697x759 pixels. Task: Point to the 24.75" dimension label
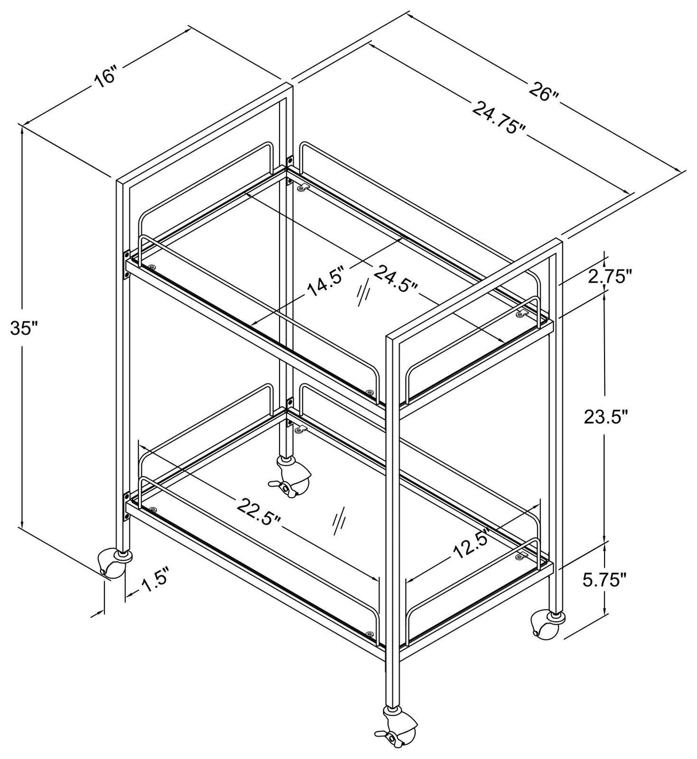pos(499,117)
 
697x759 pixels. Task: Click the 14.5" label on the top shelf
pos(326,281)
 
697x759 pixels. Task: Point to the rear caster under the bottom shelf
pos(291,477)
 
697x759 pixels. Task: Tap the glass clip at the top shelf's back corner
pos(303,188)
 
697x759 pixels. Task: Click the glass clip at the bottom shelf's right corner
pos(522,555)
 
